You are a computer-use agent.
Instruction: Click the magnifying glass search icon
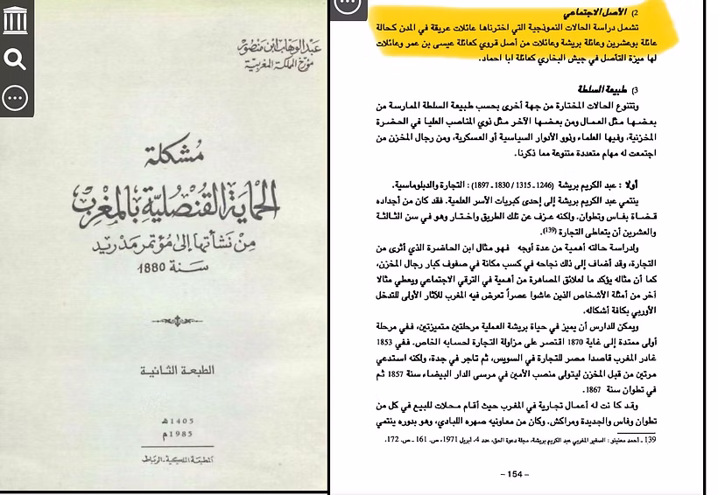pos(15,59)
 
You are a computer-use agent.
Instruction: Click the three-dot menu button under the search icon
pos(15,98)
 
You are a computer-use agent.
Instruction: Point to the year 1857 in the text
pos(399,371)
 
